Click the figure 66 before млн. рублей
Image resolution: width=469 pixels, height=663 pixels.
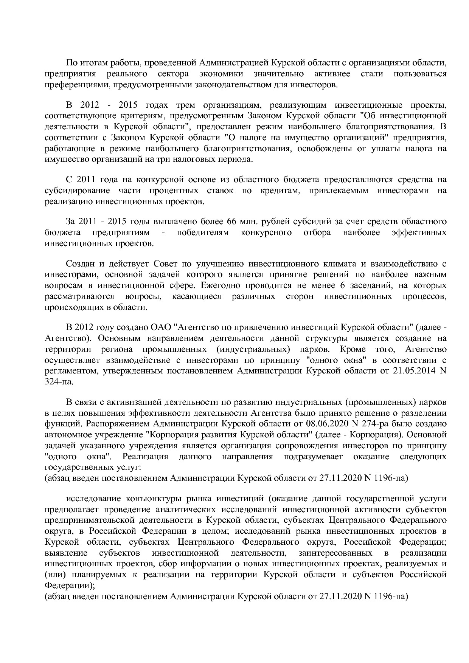[231, 221]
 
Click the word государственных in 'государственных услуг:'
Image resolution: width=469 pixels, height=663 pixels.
[76, 467]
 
